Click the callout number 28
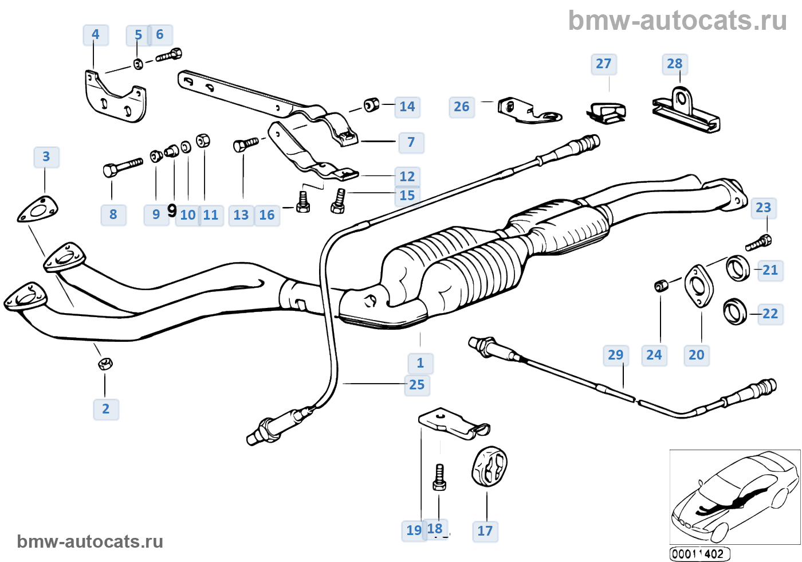[x=674, y=64]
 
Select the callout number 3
[x=46, y=157]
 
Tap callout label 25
[x=417, y=385]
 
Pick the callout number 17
[x=485, y=531]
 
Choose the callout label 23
[x=763, y=208]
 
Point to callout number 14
[x=407, y=107]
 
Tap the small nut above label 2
[x=105, y=363]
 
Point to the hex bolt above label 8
[x=122, y=167]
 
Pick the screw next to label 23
[x=758, y=243]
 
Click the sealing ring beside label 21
[x=738, y=268]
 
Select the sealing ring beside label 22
[x=735, y=311]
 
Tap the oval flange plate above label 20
[x=698, y=286]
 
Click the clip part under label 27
[x=607, y=111]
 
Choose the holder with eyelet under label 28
[x=686, y=112]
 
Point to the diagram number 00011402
[x=699, y=554]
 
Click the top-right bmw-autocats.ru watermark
[x=677, y=21]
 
